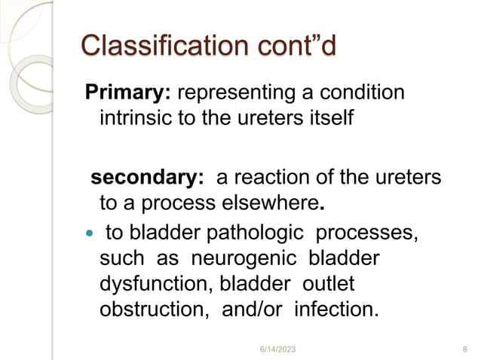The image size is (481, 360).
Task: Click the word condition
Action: [360, 93]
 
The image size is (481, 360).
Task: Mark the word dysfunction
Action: [146, 283]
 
